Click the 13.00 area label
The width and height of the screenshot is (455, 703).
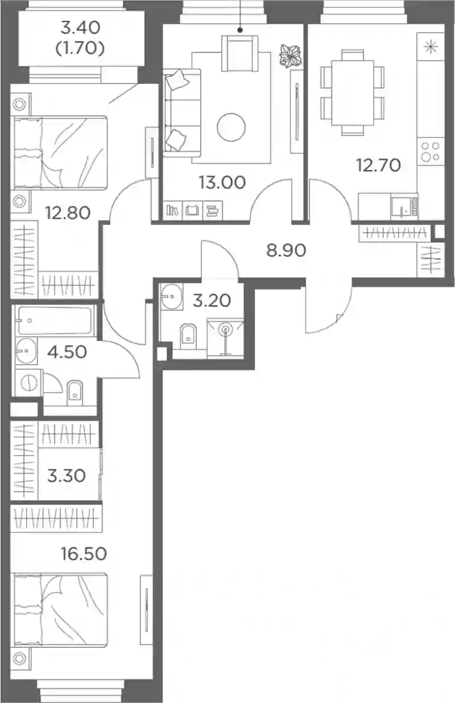(x=222, y=182)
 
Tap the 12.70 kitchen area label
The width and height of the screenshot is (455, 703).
(x=378, y=165)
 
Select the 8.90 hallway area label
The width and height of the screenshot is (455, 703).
(x=286, y=251)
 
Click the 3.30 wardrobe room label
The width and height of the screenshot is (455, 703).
(x=66, y=476)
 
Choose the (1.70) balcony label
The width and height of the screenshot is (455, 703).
(x=80, y=49)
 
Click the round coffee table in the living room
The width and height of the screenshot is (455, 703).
(x=231, y=127)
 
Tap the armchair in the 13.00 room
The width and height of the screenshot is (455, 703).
(x=240, y=53)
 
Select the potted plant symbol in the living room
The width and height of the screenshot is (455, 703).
(x=290, y=56)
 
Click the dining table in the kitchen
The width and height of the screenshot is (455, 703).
(x=353, y=93)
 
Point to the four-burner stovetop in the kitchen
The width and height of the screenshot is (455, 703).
(x=431, y=151)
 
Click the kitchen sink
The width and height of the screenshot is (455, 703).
(x=404, y=206)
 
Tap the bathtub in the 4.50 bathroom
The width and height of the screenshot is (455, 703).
(x=55, y=321)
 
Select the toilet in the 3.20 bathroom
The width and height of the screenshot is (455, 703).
(x=188, y=336)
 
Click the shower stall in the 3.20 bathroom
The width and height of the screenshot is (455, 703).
(x=225, y=338)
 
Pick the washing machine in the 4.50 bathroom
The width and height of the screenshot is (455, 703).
(x=29, y=382)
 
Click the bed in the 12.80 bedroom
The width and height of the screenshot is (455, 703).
(x=59, y=153)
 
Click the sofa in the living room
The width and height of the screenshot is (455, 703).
(x=182, y=113)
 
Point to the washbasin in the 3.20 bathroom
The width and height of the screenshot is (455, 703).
(x=171, y=296)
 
